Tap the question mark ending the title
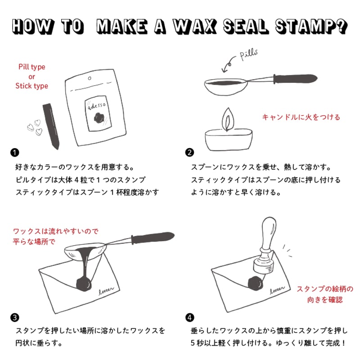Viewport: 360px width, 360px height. (341, 27)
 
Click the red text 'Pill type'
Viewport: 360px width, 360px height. (32, 67)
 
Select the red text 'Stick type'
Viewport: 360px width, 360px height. (32, 86)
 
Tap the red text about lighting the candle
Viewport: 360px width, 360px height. (301, 117)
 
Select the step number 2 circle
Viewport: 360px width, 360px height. (190, 152)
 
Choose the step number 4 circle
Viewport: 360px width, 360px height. (190, 317)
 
